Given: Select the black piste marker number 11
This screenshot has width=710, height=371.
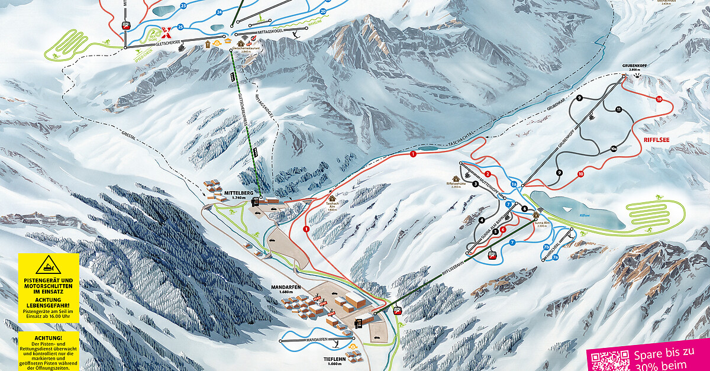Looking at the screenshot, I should pos(618,110).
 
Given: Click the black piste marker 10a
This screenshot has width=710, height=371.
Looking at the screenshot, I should pos(614,149).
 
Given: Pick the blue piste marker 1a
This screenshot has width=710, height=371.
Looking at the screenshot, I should pos(514,185).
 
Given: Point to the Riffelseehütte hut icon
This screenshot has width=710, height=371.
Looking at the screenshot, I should pos(456,178).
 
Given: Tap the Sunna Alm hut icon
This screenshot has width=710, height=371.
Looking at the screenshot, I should pos(536,215).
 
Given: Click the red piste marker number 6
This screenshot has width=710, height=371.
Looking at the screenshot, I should pos(502,229).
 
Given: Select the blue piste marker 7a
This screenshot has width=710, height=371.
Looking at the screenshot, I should pos(555,257).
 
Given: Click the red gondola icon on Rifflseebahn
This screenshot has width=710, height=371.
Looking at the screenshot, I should pos(490,256).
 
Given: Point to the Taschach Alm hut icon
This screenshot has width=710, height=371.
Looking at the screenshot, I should pos(332,199).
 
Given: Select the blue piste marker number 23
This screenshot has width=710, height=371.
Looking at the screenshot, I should pos(183,6).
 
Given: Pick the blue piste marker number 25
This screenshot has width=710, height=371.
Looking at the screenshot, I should pos(180,27).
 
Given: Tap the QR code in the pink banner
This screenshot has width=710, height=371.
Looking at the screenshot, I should pos(609,360).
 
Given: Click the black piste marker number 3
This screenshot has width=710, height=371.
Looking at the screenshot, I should pos(475,184).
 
